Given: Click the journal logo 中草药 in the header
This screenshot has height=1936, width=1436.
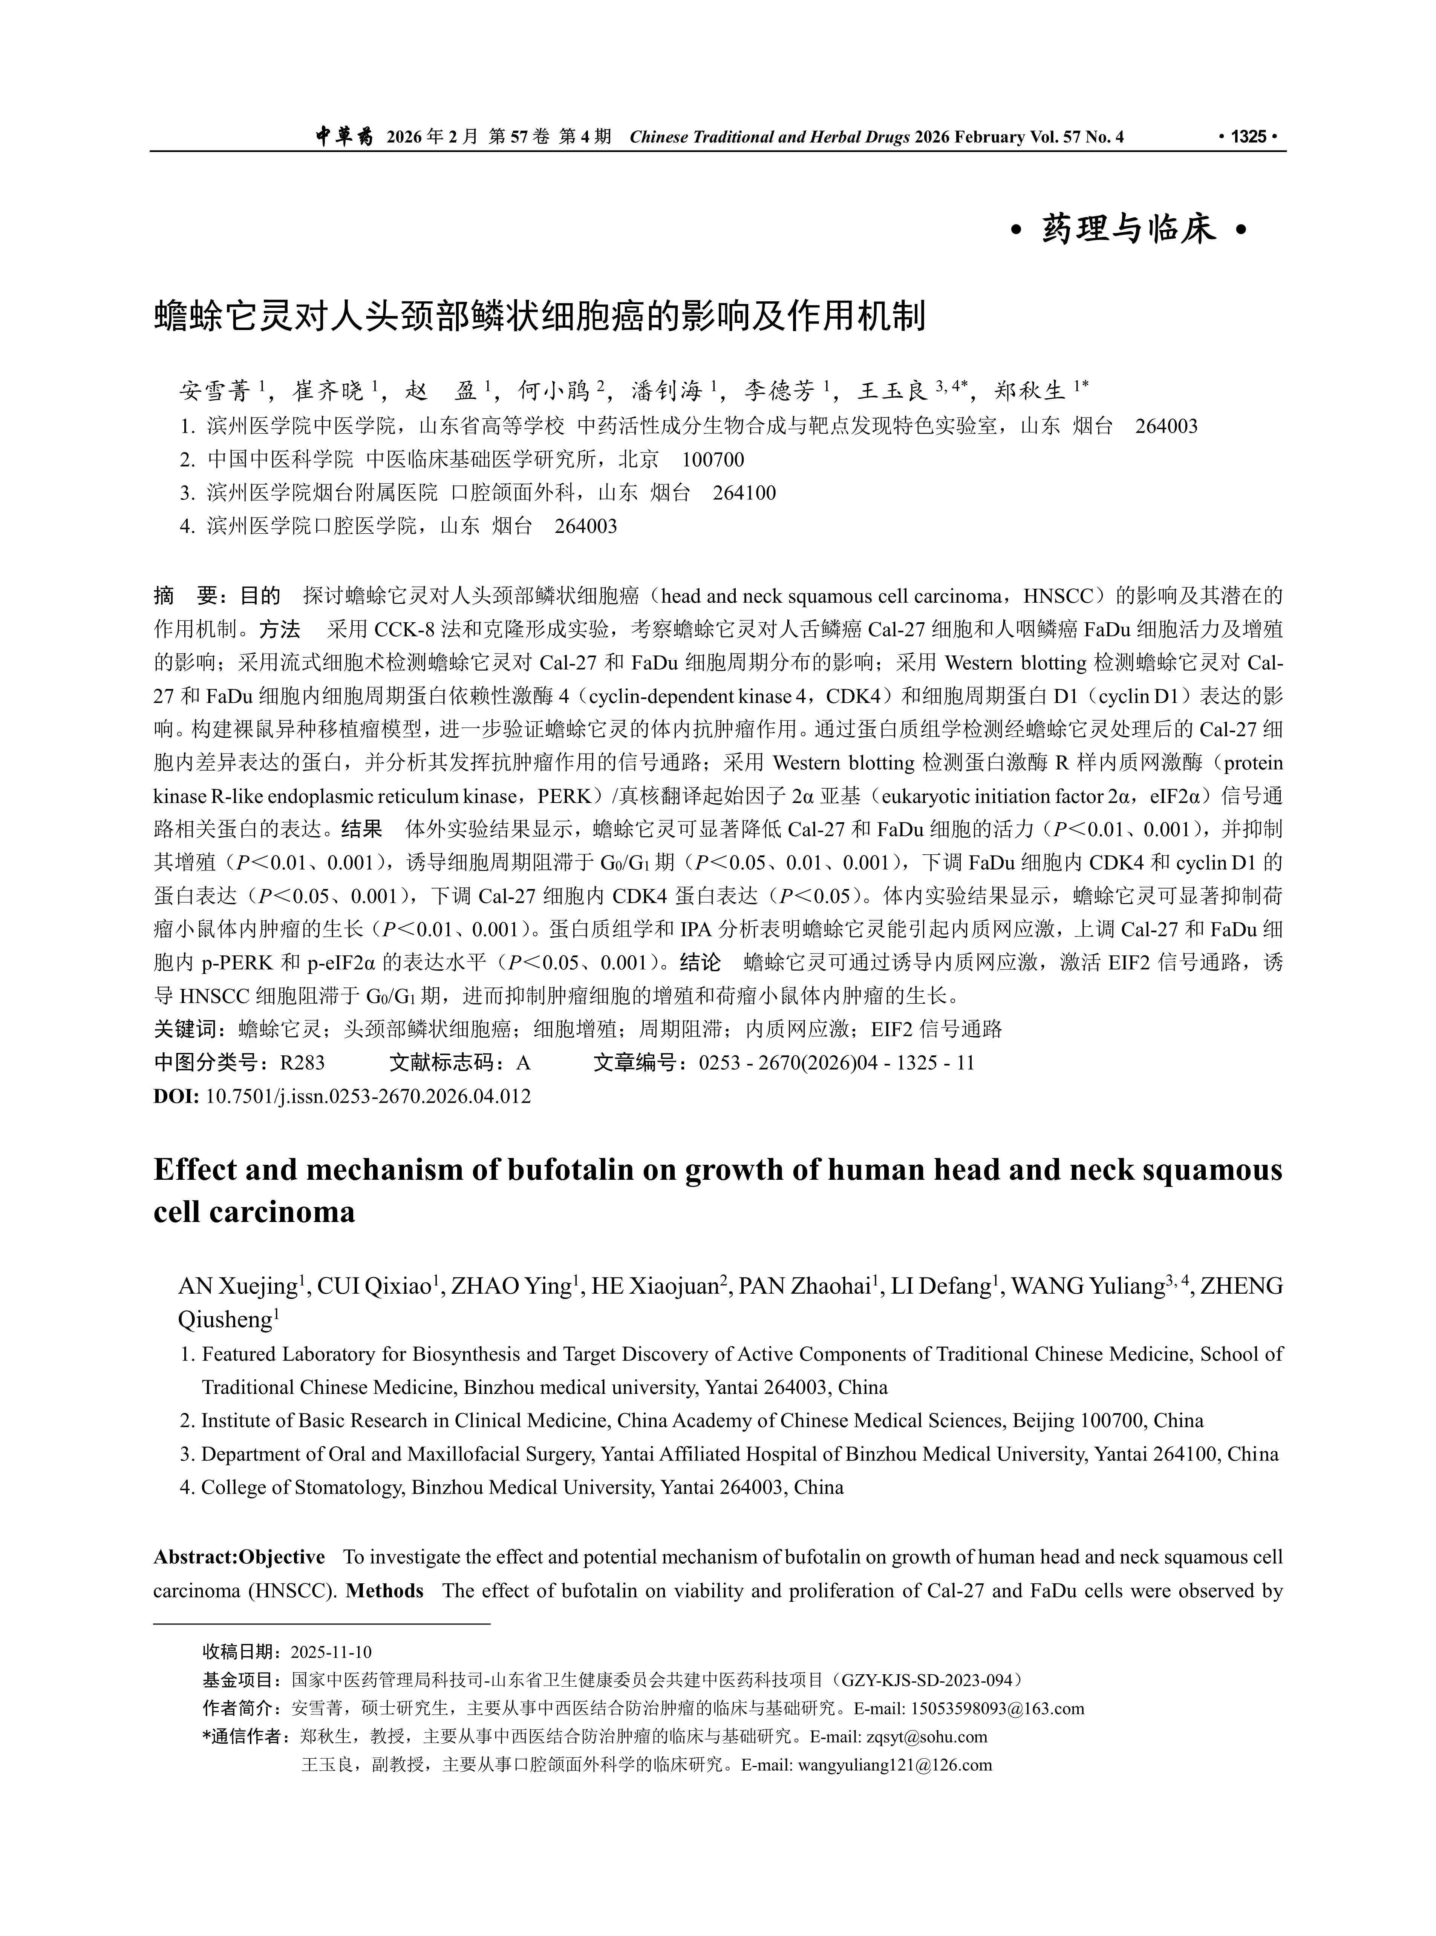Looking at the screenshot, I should tap(343, 137).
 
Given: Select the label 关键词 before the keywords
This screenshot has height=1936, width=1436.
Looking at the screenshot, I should tap(185, 1030).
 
